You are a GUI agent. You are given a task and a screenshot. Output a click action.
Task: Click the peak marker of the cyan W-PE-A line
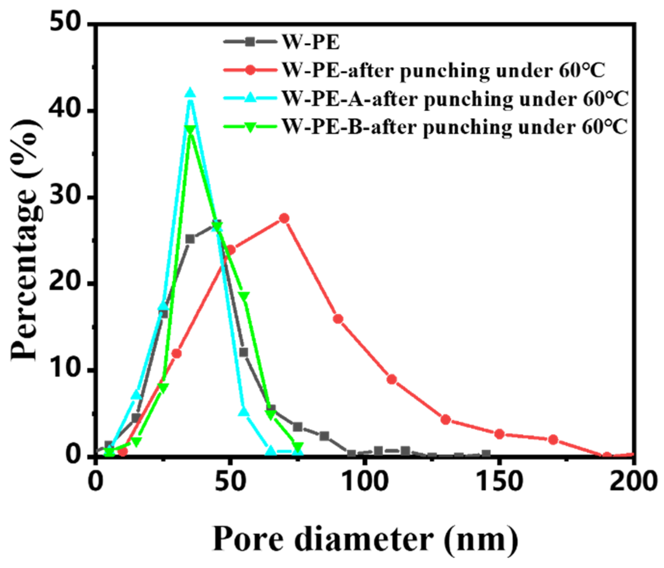point(190,93)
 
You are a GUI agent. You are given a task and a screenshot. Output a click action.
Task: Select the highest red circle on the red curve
point(284,218)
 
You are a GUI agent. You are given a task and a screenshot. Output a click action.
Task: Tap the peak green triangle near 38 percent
point(190,129)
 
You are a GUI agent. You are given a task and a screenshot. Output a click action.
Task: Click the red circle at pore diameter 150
point(499,434)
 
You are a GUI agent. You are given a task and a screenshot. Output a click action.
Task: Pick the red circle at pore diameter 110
point(391,379)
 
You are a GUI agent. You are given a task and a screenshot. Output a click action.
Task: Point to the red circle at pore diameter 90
point(338,319)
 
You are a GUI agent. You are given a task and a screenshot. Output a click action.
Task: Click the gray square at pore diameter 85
point(324,436)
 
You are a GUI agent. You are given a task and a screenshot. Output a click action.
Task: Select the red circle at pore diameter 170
point(553,440)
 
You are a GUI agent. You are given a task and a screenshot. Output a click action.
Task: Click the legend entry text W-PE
point(311,42)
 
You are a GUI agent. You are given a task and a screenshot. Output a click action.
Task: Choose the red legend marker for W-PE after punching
point(250,70)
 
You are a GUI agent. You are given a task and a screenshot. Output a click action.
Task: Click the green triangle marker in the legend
point(250,127)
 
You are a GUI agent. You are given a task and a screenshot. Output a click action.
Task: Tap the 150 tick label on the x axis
point(499,481)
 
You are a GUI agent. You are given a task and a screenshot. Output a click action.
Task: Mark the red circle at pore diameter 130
point(445,420)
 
